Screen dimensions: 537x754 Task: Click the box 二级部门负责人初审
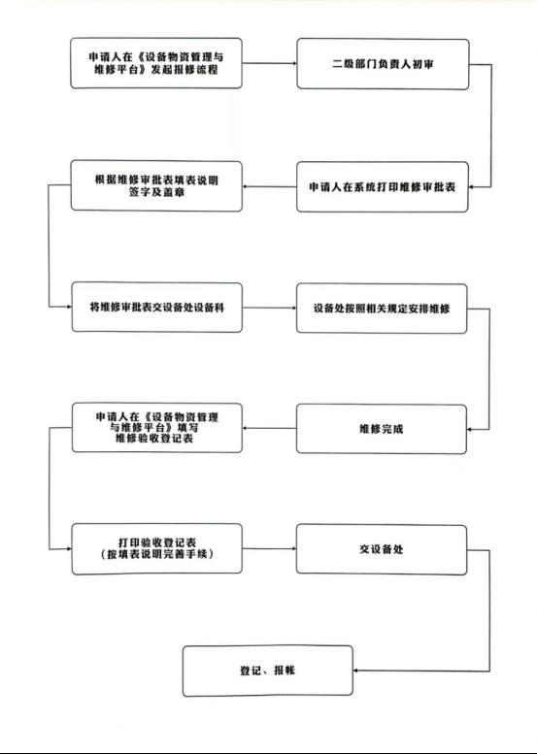[x=383, y=64]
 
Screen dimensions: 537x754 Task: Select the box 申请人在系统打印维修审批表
[x=382, y=186]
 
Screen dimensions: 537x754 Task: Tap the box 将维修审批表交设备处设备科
[x=157, y=308]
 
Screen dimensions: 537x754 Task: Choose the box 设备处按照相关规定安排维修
[x=382, y=309]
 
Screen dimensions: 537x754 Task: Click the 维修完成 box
[x=381, y=429]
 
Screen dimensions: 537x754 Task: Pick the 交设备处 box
[x=381, y=549]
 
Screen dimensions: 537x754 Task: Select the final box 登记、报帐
[x=268, y=671]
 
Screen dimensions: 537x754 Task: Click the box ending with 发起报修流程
[x=156, y=63]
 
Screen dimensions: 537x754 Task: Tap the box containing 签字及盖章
[x=156, y=186]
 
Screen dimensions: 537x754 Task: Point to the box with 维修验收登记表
[x=157, y=428]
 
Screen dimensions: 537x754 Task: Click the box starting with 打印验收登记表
[x=157, y=548]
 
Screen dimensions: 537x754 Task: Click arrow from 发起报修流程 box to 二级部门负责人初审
[x=269, y=63]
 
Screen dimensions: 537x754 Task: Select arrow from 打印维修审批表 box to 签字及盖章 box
[x=269, y=186]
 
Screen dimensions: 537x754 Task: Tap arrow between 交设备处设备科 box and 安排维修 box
[x=269, y=308]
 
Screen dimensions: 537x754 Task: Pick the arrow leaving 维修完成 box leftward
[x=269, y=428]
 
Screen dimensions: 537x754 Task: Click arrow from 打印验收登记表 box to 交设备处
[x=269, y=548]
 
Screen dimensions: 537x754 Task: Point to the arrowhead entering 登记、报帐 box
[x=355, y=671]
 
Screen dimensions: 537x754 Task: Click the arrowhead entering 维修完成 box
[x=470, y=430]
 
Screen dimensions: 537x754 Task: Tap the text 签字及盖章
[x=156, y=192]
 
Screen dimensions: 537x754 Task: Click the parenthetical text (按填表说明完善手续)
[x=157, y=554]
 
